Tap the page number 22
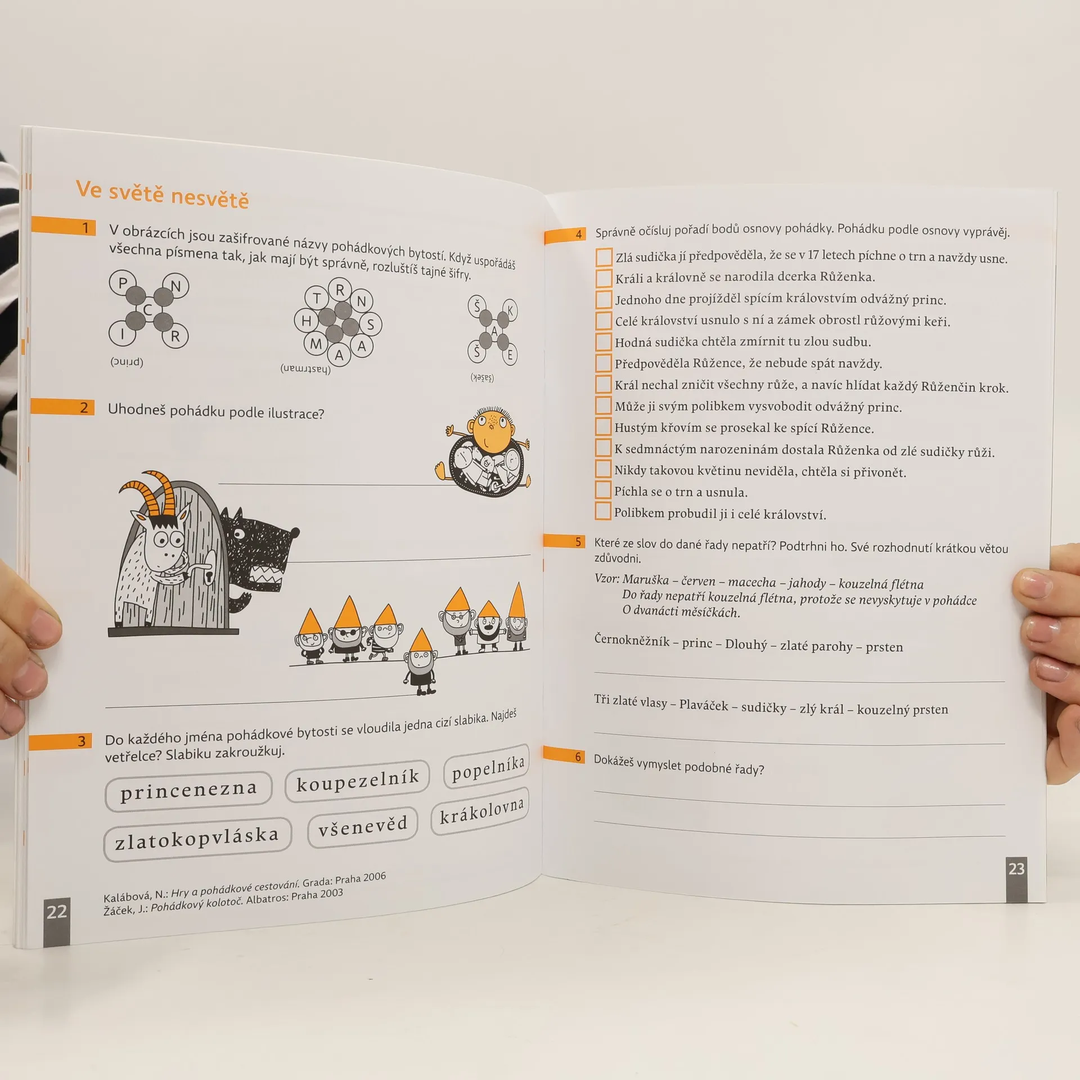pyautogui.click(x=57, y=911)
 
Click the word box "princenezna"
pyautogui.click(x=188, y=791)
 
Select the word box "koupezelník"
pyautogui.click(x=357, y=781)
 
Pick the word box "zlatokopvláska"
pyautogui.click(x=197, y=839)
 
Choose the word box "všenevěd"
pyautogui.click(x=363, y=826)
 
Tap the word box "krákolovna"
pyautogui.click(x=481, y=811)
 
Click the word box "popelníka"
pyautogui.click(x=487, y=767)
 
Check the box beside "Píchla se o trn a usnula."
pyautogui.click(x=603, y=489)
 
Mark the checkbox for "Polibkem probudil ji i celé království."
pyautogui.click(x=603, y=511)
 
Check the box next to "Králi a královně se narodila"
pyautogui.click(x=604, y=277)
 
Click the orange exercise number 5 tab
pyautogui.click(x=564, y=541)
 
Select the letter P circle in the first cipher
pyautogui.click(x=123, y=282)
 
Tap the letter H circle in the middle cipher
pyautogui.click(x=307, y=321)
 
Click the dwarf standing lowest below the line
pyautogui.click(x=420, y=664)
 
